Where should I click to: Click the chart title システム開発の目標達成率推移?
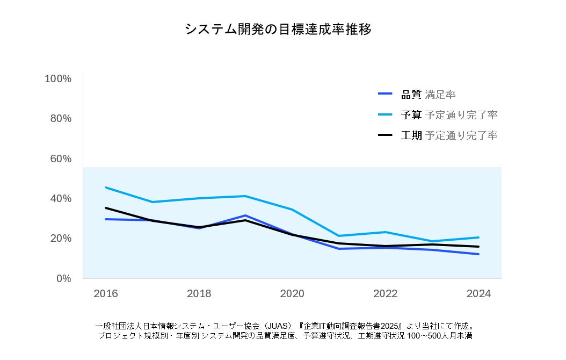(x=278, y=29)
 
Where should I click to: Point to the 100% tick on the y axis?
(x=58, y=78)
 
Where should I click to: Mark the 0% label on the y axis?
(x=64, y=278)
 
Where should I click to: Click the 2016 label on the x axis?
(x=106, y=293)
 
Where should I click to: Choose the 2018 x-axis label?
(x=199, y=293)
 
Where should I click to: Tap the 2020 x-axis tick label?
(x=292, y=293)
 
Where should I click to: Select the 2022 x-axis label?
(x=385, y=293)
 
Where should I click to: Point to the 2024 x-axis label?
(x=478, y=293)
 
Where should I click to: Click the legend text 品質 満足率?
(x=429, y=95)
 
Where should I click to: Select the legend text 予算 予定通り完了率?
(x=449, y=115)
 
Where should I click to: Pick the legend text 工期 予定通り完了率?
(x=449, y=135)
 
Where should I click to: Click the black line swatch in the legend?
(x=386, y=135)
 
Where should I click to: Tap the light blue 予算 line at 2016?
(x=106, y=188)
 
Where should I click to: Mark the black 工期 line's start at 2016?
(x=106, y=208)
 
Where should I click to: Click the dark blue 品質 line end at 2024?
(x=478, y=254)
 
